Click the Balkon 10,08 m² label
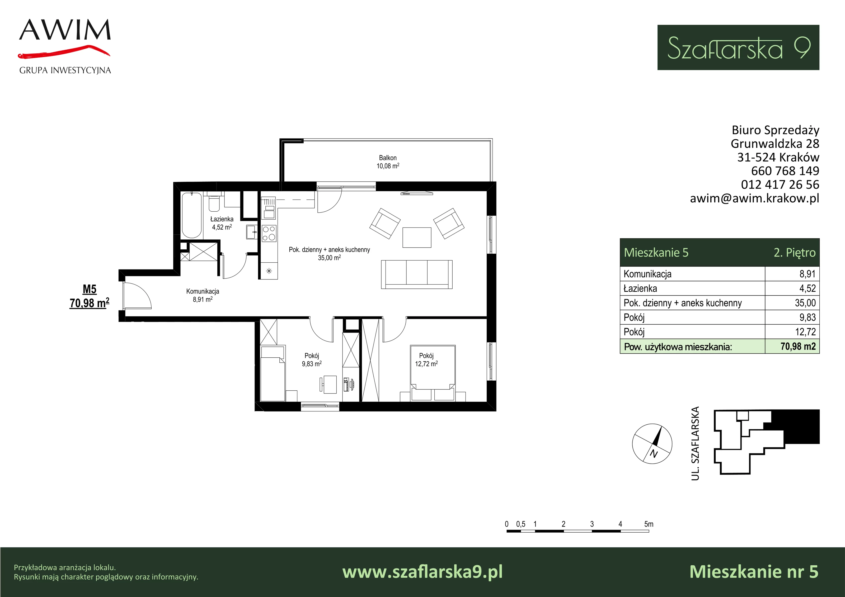388,162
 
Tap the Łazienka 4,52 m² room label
222,223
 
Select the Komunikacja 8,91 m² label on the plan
203,295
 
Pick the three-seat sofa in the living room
417,274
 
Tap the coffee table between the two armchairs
417,237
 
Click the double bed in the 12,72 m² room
433,373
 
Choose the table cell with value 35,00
792,303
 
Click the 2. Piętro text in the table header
795,253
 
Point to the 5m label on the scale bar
649,524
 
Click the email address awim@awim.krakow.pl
754,198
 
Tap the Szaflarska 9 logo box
738,48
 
